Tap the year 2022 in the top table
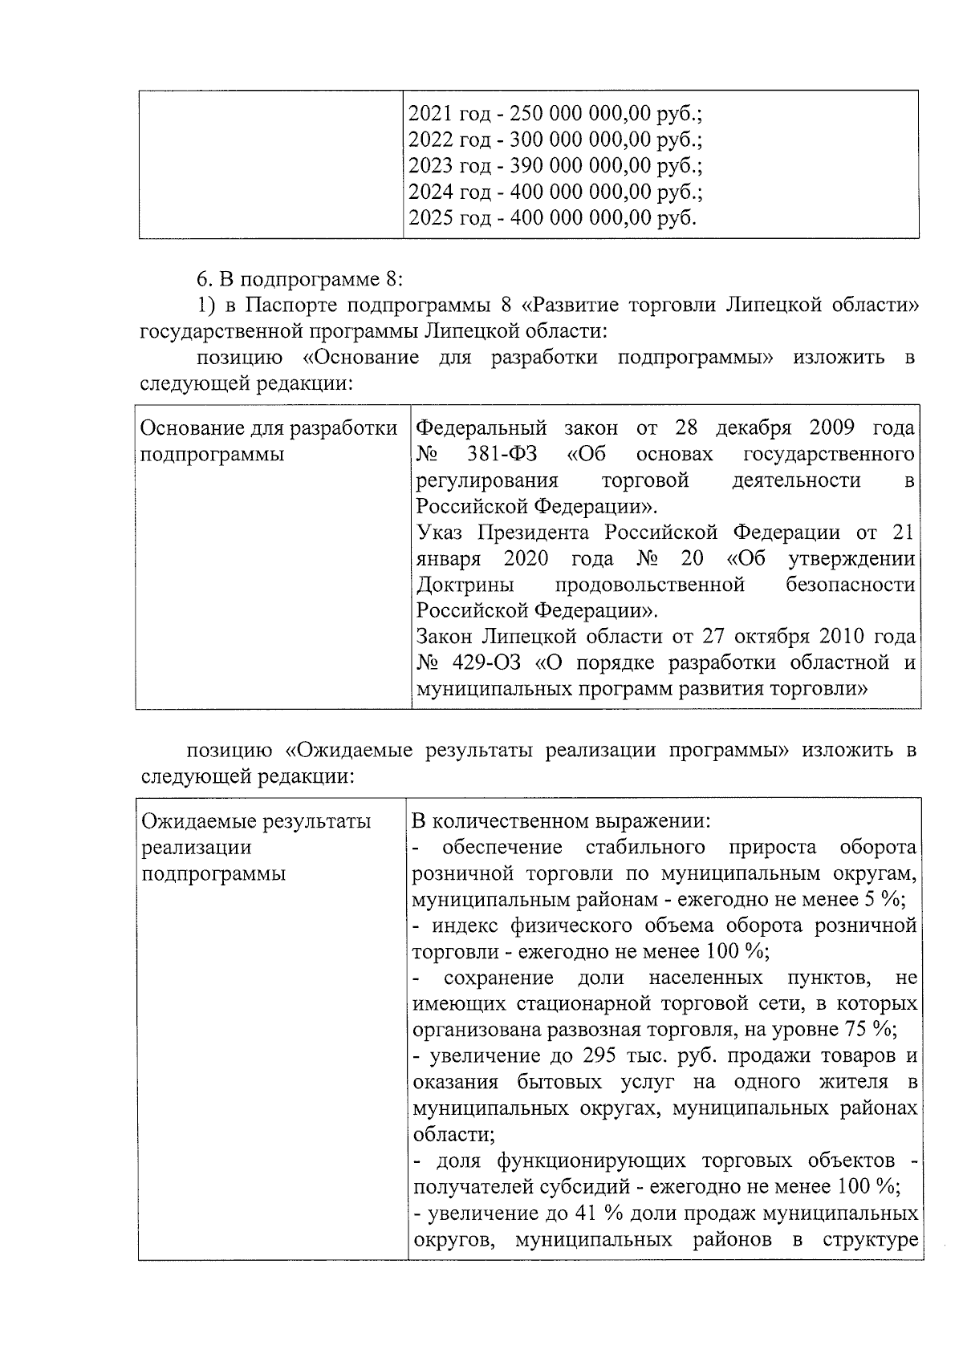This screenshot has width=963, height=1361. point(431,140)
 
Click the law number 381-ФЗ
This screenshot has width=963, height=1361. point(502,455)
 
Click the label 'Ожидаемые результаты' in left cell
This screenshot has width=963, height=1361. point(256,821)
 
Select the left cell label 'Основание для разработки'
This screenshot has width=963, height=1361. point(268,428)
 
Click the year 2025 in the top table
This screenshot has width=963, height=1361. point(431,218)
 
